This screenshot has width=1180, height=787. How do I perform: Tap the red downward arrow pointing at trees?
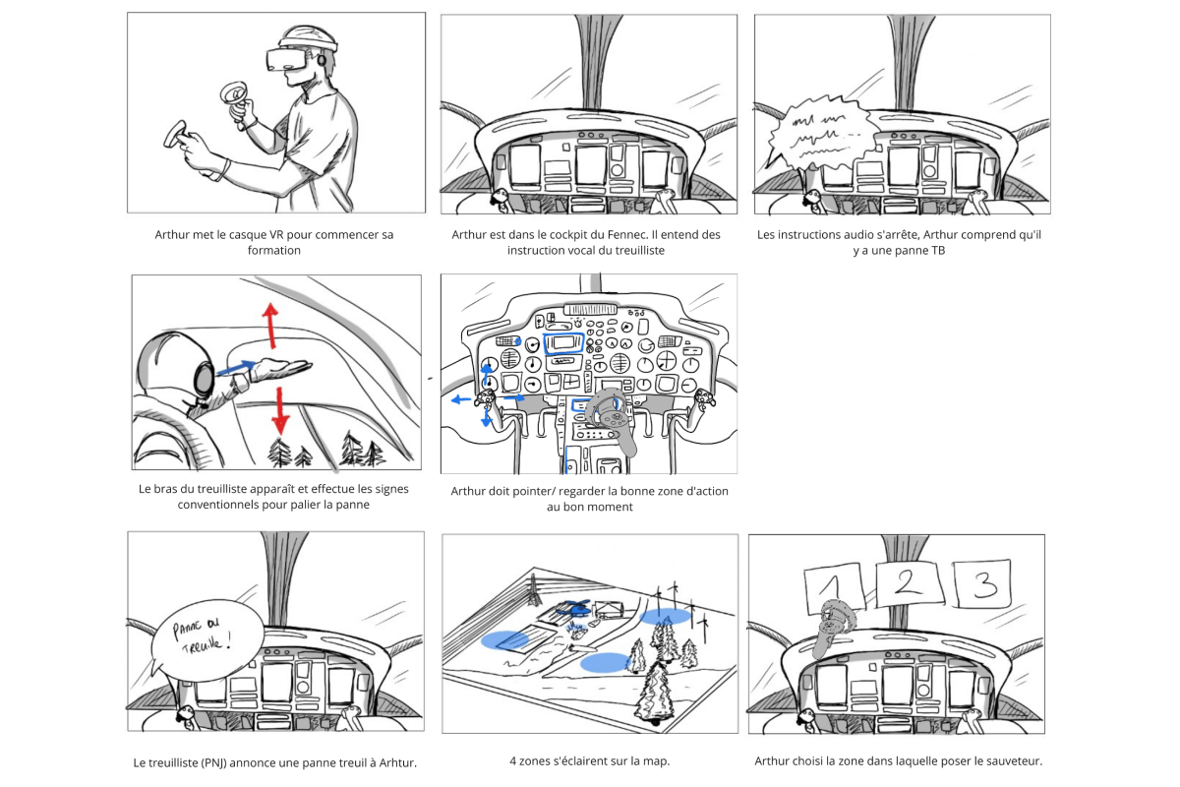click(x=281, y=410)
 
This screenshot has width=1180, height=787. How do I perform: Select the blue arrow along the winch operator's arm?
click(x=236, y=368)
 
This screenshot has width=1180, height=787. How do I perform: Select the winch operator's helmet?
click(x=177, y=369)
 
